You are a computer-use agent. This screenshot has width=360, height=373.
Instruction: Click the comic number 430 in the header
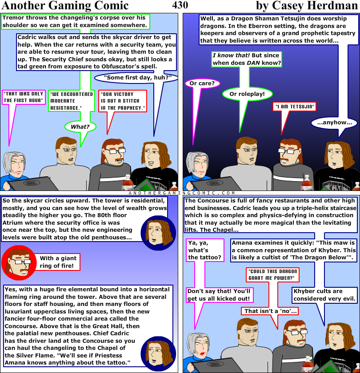tap(180, 5)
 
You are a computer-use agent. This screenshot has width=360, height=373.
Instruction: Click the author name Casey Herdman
tap(307, 6)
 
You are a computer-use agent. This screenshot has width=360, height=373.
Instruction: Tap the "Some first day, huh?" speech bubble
tap(137, 78)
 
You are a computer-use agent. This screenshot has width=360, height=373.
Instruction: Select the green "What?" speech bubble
tap(80, 127)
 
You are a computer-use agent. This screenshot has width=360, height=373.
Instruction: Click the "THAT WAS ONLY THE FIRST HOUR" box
tap(24, 97)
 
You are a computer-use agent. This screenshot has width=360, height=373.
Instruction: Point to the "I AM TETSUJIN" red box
tap(294, 107)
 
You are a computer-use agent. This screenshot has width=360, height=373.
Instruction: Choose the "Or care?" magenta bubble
tap(202, 83)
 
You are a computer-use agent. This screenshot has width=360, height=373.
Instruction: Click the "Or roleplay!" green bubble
tap(247, 94)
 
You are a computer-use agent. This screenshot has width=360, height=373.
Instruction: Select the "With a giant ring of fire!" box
tap(58, 262)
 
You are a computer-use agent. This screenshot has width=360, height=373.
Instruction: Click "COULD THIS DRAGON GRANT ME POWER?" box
tap(272, 274)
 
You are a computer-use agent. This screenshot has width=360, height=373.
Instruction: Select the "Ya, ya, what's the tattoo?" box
tap(204, 250)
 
